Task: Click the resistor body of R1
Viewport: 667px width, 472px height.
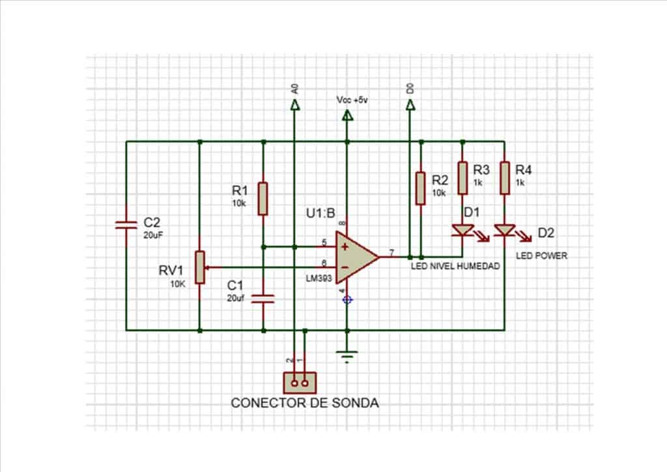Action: pyautogui.click(x=263, y=199)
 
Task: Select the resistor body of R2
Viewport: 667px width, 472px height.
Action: pyautogui.click(x=421, y=188)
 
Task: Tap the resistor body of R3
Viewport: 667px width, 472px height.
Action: pyautogui.click(x=462, y=178)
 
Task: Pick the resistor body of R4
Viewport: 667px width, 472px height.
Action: pyautogui.click(x=505, y=178)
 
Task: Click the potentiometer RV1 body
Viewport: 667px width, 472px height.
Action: pyautogui.click(x=200, y=267)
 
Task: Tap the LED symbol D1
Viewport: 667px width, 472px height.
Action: pyautogui.click(x=462, y=230)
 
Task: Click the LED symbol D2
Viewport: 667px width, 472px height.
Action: pyautogui.click(x=505, y=230)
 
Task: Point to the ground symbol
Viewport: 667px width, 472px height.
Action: pyautogui.click(x=348, y=356)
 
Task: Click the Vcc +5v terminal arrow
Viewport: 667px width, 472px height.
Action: pyautogui.click(x=347, y=116)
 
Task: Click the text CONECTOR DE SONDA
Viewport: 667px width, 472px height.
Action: pyautogui.click(x=305, y=403)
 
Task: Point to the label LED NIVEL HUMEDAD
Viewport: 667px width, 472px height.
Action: pyautogui.click(x=455, y=266)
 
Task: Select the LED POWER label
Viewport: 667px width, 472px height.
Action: pyautogui.click(x=541, y=256)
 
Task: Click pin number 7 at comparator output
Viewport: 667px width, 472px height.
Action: pyautogui.click(x=391, y=251)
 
